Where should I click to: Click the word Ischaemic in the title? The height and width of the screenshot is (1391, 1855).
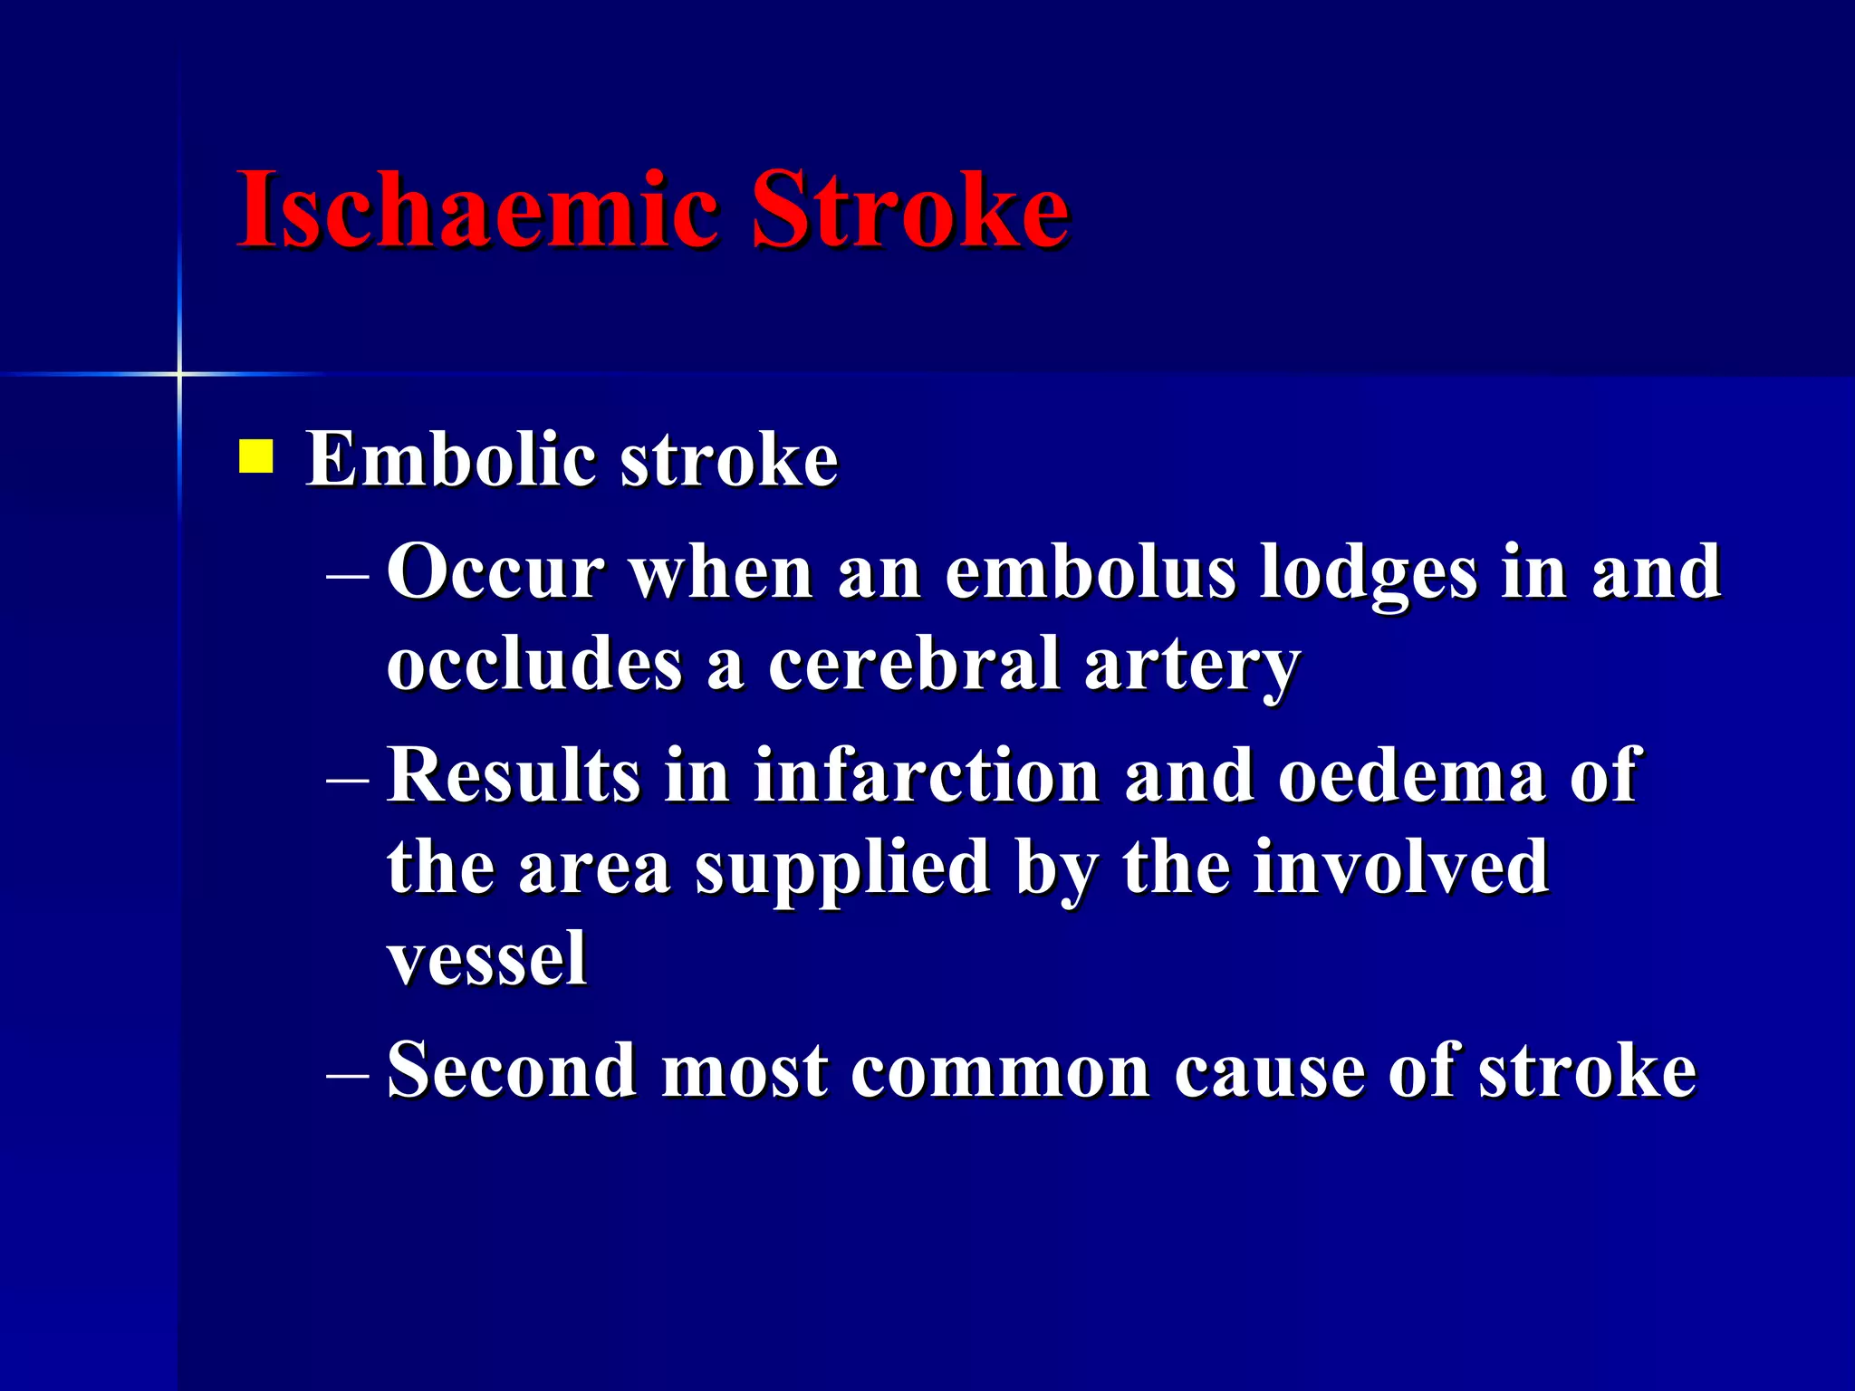478,210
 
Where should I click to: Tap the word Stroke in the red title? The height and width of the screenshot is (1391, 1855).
910,210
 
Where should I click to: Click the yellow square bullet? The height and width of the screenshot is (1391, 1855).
256,457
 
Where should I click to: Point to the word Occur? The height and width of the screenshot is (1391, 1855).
495,572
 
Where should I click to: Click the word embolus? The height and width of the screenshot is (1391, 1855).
1090,572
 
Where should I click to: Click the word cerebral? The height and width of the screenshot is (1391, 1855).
914,664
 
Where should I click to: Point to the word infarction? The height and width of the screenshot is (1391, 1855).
926,776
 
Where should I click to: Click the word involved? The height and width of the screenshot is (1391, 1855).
1401,868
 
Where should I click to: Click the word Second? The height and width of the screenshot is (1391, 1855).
512,1071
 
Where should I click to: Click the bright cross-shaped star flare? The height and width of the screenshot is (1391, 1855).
179,374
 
